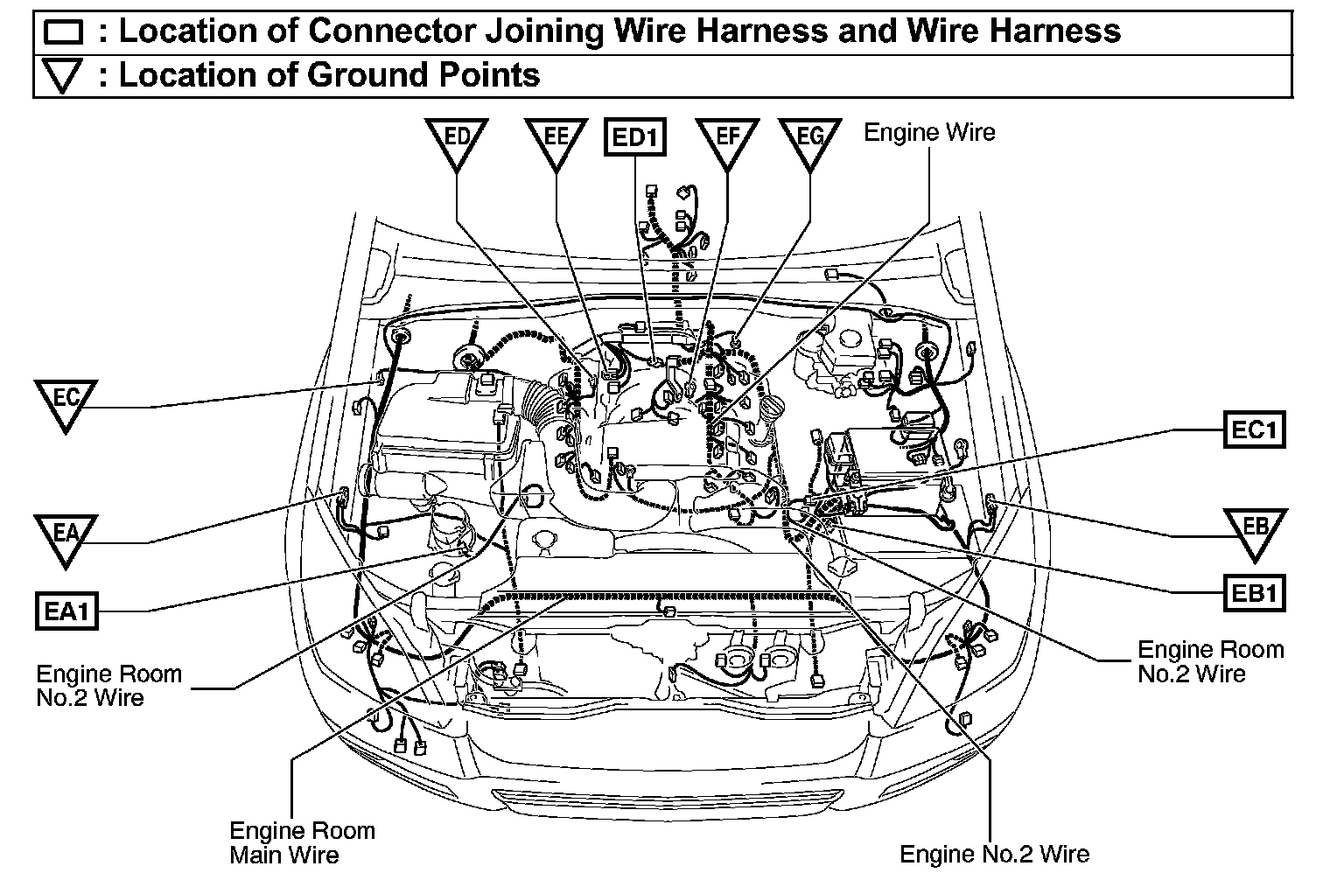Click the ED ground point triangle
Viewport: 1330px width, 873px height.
[x=457, y=142]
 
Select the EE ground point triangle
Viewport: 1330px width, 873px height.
[x=556, y=142]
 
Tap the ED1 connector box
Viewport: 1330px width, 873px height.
[x=635, y=138]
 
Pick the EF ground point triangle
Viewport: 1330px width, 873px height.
[x=726, y=142]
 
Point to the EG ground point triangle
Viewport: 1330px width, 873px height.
[x=810, y=142]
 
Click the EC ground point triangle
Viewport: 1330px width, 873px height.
[x=66, y=403]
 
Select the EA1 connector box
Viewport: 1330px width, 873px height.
[x=66, y=610]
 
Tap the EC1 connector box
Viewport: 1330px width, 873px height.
[x=1255, y=430]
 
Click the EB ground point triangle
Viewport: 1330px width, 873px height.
[x=1255, y=532]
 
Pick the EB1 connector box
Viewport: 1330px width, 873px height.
[x=1255, y=594]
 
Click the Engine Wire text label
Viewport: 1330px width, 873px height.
[x=929, y=133]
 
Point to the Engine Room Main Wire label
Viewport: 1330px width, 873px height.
[x=302, y=842]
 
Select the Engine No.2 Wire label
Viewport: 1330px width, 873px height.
[x=995, y=854]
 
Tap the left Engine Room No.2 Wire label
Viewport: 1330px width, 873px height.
[x=108, y=686]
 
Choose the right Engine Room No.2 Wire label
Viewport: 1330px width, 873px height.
[x=1210, y=662]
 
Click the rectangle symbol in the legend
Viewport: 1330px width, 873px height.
[x=62, y=33]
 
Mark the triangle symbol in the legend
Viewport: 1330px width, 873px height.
[x=62, y=77]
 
